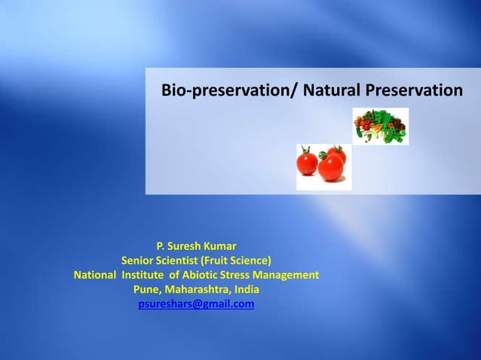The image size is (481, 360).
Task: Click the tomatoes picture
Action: click(323, 166)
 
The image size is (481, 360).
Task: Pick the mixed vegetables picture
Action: click(381, 126)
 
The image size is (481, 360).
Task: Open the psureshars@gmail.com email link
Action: click(196, 304)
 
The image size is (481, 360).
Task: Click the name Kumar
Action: click(219, 246)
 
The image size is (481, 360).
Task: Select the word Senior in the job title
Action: click(139, 261)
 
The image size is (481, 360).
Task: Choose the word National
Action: click(96, 275)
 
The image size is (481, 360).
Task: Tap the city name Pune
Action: click(147, 290)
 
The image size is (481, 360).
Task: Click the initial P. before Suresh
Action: click(161, 246)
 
